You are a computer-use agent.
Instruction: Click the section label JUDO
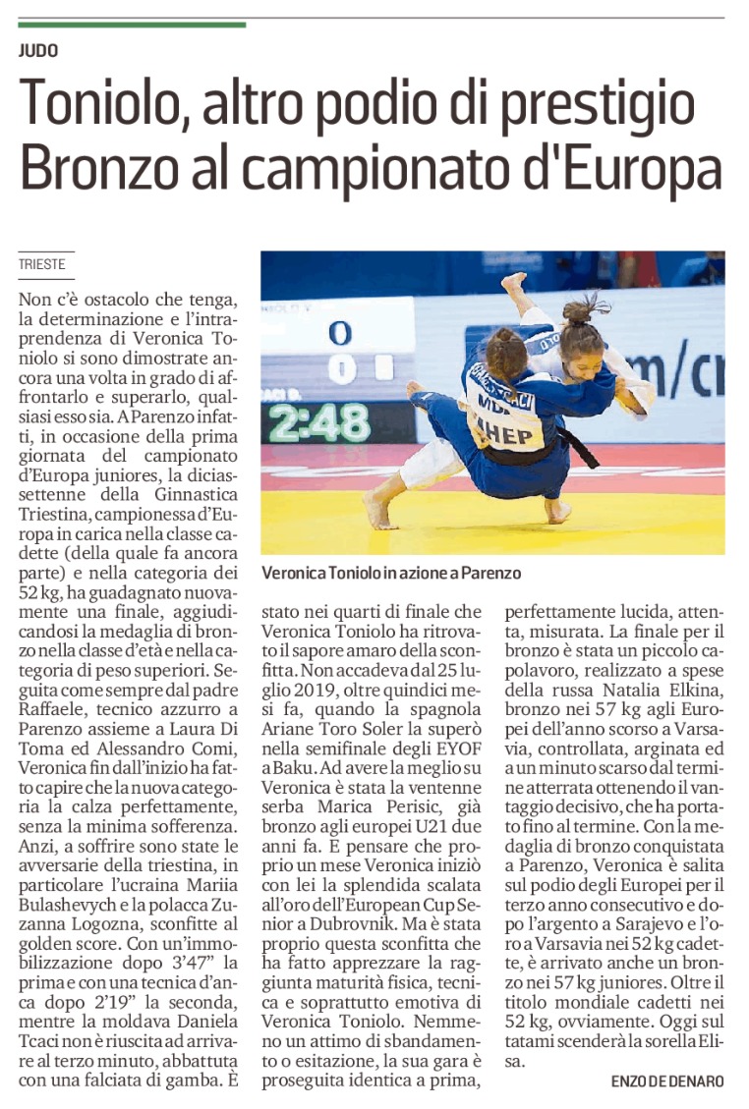pyautogui.click(x=38, y=49)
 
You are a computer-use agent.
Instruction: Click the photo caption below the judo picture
pyautogui.click(x=391, y=573)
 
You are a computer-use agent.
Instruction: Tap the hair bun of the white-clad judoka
pyautogui.click(x=581, y=311)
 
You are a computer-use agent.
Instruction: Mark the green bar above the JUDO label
pyautogui.click(x=132, y=24)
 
